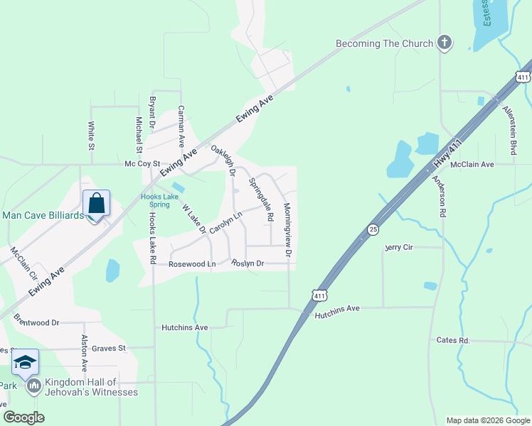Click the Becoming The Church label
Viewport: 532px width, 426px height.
tap(384, 43)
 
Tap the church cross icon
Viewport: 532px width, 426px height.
tap(445, 43)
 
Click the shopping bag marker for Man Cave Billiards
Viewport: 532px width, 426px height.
tap(96, 204)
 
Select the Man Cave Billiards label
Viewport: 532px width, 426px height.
tap(43, 215)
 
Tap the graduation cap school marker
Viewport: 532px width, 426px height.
tap(26, 363)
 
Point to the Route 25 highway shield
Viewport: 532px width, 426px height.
tap(373, 229)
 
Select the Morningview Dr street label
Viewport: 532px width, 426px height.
tap(288, 230)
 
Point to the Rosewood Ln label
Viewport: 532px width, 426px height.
tap(191, 264)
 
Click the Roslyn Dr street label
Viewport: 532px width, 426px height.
tap(248, 263)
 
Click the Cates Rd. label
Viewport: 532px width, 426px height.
tap(454, 341)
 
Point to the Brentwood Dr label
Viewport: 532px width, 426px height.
tap(36, 322)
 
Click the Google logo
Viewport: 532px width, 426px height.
tap(23, 417)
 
